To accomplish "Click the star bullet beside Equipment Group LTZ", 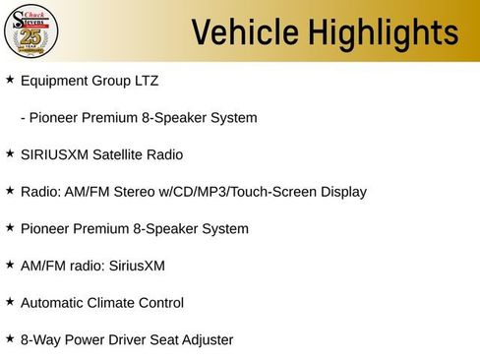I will (x=10, y=79).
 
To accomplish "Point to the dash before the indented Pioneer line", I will (x=23, y=117).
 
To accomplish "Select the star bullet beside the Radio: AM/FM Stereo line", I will (x=10, y=190).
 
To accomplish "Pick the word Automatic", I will (x=54, y=303).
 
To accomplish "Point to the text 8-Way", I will (x=39, y=340).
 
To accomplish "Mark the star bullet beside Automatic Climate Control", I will (x=10, y=301).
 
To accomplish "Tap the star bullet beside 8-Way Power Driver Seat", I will (x=10, y=338).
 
